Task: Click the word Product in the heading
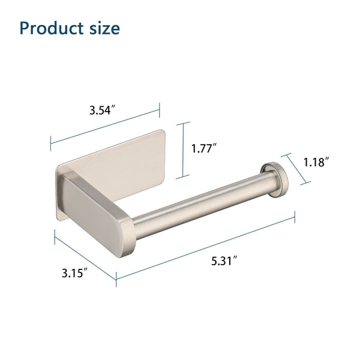tap(52, 28)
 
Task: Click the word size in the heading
tap(104, 28)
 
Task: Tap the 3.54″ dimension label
tap(102, 110)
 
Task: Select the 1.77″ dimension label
tap(204, 148)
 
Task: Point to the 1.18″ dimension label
tap(316, 162)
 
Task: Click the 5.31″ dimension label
tap(224, 261)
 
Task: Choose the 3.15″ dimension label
tap(74, 273)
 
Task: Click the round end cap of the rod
tap(274, 180)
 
